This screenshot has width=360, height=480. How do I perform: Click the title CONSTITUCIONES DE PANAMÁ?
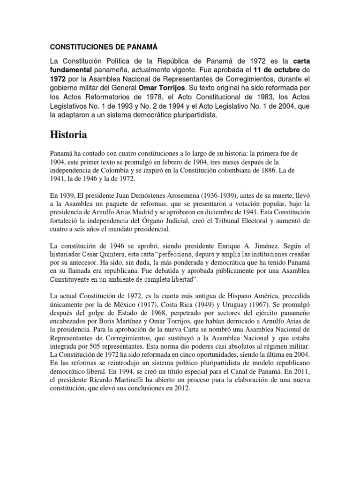click(x=102, y=47)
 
